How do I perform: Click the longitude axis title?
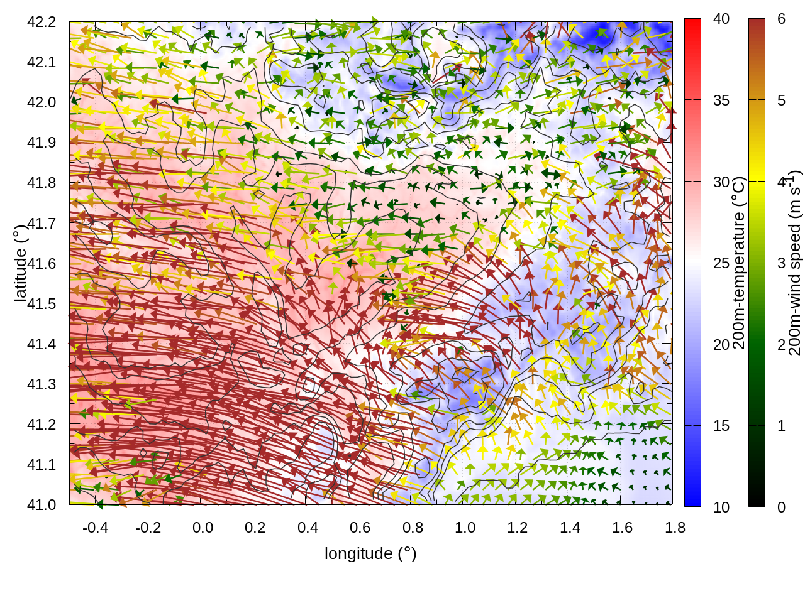[x=370, y=553]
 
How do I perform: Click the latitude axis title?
[x=20, y=263]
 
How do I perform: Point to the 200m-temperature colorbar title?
[x=739, y=263]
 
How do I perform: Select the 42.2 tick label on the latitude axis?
[x=42, y=22]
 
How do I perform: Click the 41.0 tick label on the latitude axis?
[x=42, y=504]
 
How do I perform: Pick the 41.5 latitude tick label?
[x=42, y=303]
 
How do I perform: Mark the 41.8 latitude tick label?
[x=42, y=183]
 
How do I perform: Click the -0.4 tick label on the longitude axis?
[x=96, y=528]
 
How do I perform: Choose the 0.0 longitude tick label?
[x=203, y=528]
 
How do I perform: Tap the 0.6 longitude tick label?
[x=360, y=528]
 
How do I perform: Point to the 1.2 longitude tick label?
[x=518, y=528]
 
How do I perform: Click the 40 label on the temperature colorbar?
[x=721, y=19]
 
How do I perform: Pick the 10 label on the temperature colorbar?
[x=721, y=507]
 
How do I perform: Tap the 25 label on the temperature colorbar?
[x=721, y=263]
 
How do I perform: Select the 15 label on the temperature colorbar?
[x=721, y=426]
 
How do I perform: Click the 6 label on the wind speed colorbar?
[x=781, y=19]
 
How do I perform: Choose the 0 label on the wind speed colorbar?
[x=781, y=507]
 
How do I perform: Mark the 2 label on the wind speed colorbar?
[x=781, y=344]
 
